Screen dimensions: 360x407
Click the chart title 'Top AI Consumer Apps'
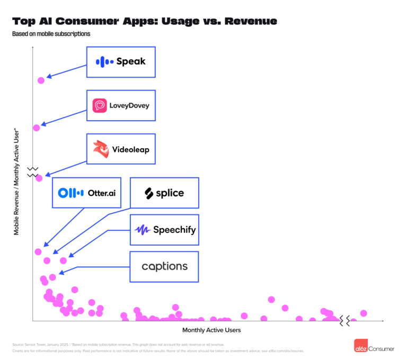(x=144, y=21)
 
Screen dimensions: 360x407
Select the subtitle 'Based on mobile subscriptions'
(x=51, y=34)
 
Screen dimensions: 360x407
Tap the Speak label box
(x=120, y=62)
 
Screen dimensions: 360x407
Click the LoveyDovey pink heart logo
(x=100, y=105)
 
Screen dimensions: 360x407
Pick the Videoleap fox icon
(x=101, y=149)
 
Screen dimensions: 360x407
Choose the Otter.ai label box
(x=86, y=193)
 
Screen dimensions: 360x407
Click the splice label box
(x=164, y=193)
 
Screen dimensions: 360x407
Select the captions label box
(x=164, y=266)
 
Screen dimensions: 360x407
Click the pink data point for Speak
(x=41, y=80)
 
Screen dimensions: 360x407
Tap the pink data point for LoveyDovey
(x=37, y=128)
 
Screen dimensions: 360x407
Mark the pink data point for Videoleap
(x=39, y=178)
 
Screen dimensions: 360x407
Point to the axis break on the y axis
(x=33, y=171)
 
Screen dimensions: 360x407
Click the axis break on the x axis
(x=344, y=320)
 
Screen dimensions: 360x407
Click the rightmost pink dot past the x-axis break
(x=364, y=313)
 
